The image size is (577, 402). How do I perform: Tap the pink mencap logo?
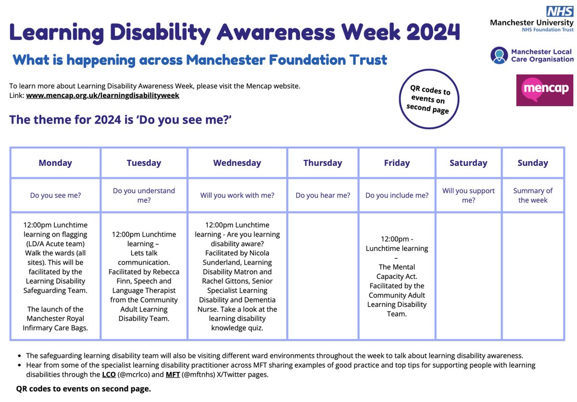click(544, 90)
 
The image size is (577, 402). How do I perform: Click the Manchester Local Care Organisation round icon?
click(499, 55)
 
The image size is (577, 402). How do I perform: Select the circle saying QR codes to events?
click(430, 99)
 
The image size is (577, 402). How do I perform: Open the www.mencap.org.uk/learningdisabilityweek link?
click(102, 95)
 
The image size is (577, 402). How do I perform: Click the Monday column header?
click(55, 163)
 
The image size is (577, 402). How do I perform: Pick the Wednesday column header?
click(237, 163)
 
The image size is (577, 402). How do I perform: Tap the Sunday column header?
click(533, 163)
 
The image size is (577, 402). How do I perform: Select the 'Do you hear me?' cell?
click(323, 195)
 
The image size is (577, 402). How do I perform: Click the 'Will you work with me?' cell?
click(237, 195)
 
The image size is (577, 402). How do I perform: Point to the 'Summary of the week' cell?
click(533, 195)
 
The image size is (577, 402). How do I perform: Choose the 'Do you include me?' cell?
click(397, 195)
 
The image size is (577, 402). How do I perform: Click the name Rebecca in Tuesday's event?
click(164, 272)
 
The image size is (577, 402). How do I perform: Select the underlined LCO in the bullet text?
click(109, 375)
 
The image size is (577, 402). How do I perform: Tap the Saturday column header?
click(468, 163)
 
